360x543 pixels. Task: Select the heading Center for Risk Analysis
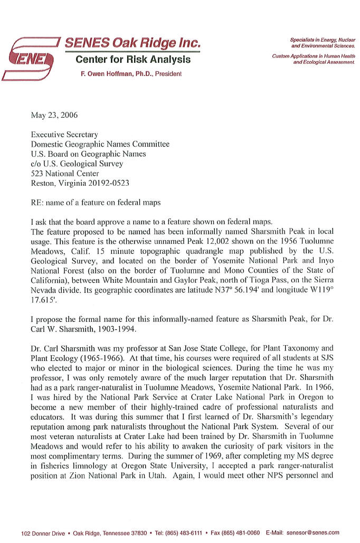tap(132, 60)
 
